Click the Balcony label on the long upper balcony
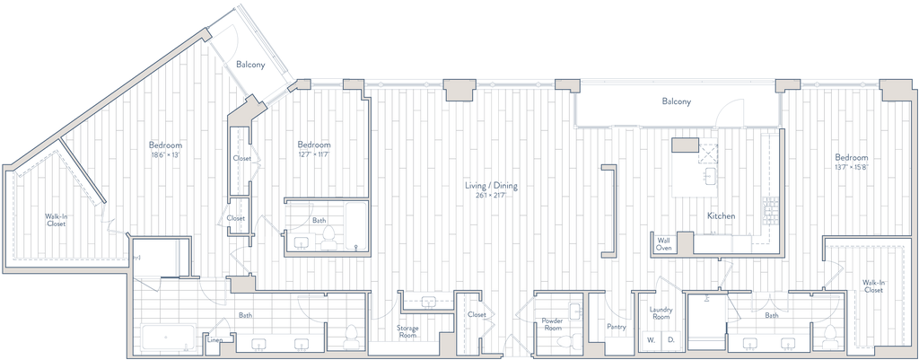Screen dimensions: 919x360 click(x=678, y=102)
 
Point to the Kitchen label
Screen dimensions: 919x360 click(x=721, y=215)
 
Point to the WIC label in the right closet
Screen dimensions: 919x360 click(x=872, y=287)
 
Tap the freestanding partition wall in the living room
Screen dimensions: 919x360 click(x=609, y=206)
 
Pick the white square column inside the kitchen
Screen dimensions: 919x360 click(x=685, y=145)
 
